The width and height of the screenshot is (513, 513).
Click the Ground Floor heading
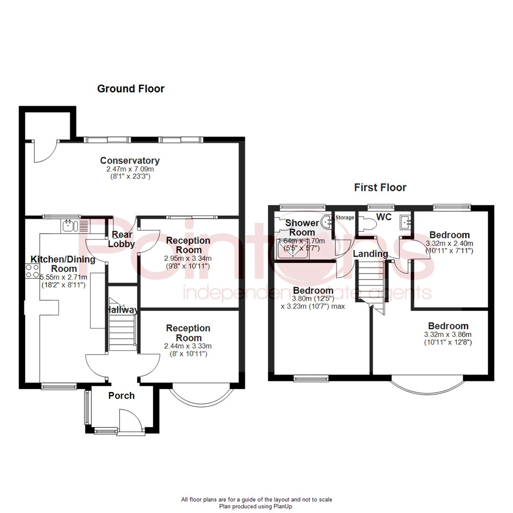pyautogui.click(x=131, y=89)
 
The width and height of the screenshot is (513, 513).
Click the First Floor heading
pyautogui.click(x=380, y=188)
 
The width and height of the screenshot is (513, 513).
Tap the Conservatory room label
pyautogui.click(x=130, y=161)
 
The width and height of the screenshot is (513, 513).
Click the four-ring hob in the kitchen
pyautogui.click(x=32, y=271)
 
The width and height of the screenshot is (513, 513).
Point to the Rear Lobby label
pyautogui.click(x=122, y=239)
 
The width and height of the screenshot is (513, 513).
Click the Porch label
pyautogui.click(x=122, y=396)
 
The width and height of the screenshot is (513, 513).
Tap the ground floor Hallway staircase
pyautogui.click(x=123, y=328)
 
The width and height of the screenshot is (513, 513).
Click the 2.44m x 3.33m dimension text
pyautogui.click(x=189, y=346)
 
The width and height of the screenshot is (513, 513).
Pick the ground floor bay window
pyautogui.click(x=202, y=397)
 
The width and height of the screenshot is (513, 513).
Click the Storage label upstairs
pyautogui.click(x=345, y=218)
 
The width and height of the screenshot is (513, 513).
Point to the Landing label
pyautogui.click(x=370, y=254)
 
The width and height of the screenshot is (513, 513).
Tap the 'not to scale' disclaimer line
pyautogui.click(x=256, y=499)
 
